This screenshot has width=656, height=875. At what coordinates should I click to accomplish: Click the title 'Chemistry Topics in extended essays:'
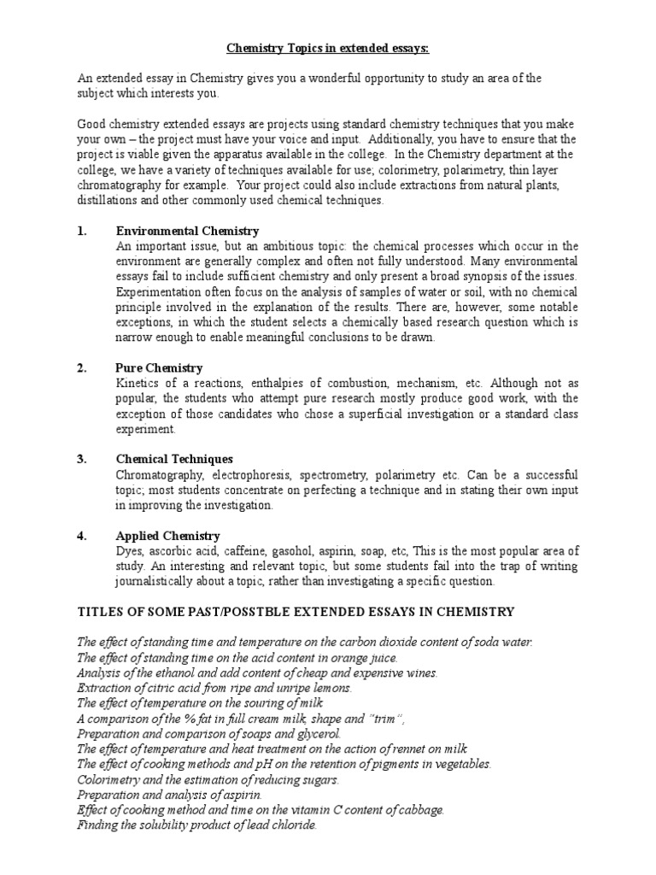(x=327, y=49)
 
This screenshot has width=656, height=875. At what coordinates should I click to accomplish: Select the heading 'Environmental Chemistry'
(x=187, y=232)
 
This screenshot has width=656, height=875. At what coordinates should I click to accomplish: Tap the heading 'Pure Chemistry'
(x=159, y=368)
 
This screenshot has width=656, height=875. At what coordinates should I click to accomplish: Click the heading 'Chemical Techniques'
(x=173, y=459)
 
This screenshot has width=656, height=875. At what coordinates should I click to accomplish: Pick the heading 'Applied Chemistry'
(x=167, y=536)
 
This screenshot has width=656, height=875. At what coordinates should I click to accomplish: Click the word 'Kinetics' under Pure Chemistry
(x=137, y=384)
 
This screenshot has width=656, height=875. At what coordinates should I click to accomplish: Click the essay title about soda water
(x=304, y=643)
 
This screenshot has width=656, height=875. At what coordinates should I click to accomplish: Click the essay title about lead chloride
(x=196, y=825)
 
